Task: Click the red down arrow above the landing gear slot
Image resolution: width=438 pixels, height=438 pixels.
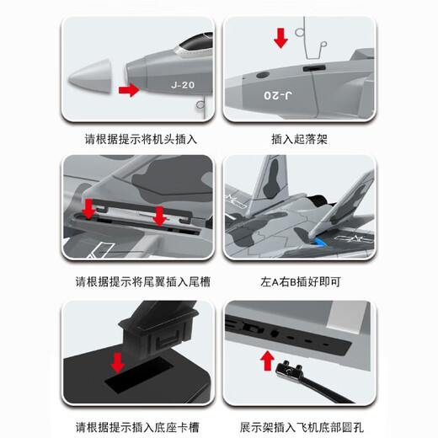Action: (x=280, y=37)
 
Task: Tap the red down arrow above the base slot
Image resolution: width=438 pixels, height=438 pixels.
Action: (x=118, y=362)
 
